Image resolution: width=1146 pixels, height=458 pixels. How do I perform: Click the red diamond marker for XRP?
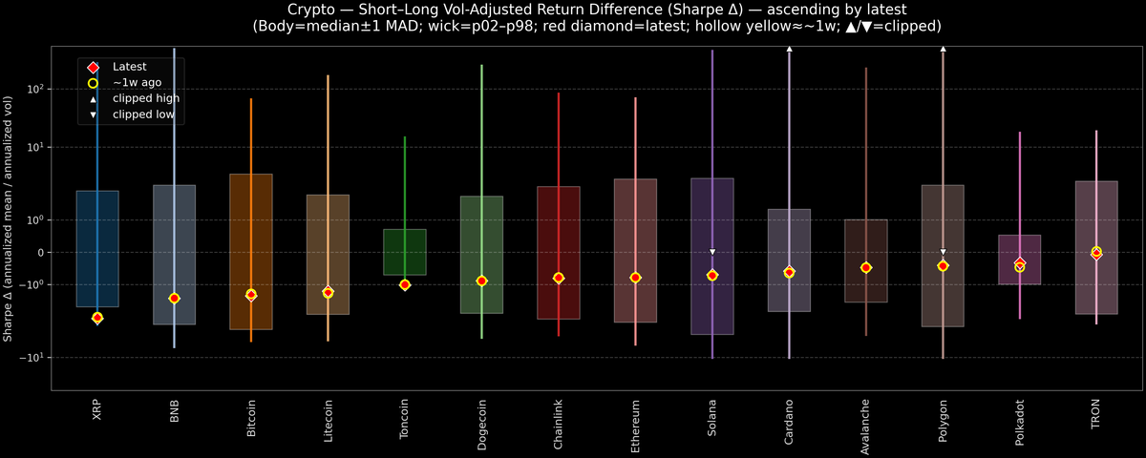coord(97,317)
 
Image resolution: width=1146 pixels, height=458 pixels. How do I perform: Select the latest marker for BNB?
coord(174,299)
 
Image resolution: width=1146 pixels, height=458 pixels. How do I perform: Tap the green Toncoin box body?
coord(404,252)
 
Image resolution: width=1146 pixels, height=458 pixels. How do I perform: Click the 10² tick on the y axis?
coord(34,89)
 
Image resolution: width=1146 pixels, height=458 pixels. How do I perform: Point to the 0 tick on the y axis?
coord(39,253)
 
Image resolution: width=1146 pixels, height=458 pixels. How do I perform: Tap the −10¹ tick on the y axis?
coord(32,357)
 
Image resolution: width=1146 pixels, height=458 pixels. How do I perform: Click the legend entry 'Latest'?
coord(130,67)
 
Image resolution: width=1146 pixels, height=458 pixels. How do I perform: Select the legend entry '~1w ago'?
coord(136,83)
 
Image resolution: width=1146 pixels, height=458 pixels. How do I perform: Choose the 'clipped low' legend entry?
coord(144,114)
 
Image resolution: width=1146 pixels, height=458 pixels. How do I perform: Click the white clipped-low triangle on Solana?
coord(712,252)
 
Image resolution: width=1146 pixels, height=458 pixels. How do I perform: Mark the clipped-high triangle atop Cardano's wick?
coord(789,48)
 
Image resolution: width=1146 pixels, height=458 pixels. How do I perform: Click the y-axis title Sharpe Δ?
coord(8,219)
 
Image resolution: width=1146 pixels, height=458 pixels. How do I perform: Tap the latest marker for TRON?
coord(1096,253)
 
